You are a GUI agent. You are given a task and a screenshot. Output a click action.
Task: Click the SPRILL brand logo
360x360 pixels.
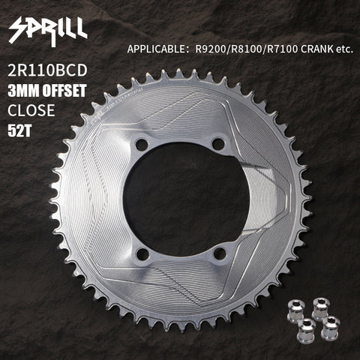tap(48, 31)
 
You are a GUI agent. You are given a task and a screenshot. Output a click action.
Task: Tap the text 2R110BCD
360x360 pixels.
tap(47, 70)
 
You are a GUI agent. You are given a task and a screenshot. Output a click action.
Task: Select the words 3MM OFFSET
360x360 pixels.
tap(47, 91)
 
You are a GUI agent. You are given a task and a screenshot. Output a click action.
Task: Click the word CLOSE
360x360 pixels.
tap(31, 110)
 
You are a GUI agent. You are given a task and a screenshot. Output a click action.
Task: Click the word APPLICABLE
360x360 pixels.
tap(156, 49)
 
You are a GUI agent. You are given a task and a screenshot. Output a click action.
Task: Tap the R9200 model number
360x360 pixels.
tap(211, 49)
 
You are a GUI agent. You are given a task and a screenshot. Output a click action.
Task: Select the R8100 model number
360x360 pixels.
tap(247, 49)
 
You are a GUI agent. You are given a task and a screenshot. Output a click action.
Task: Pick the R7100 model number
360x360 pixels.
tap(283, 49)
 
